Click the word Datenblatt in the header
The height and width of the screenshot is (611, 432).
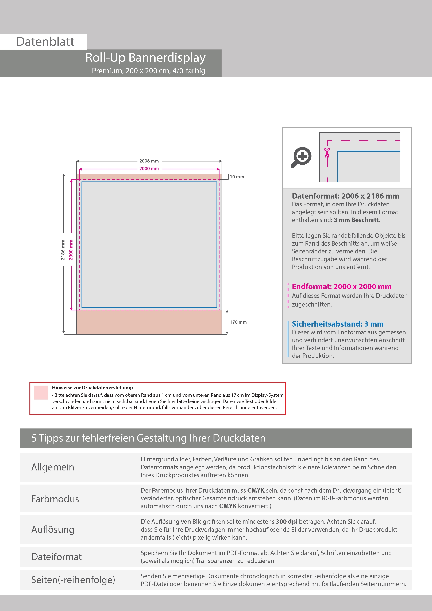click(x=45, y=42)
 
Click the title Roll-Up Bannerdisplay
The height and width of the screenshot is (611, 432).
click(x=145, y=57)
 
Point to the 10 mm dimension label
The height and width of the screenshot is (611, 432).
click(x=237, y=177)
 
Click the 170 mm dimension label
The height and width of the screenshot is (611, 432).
click(x=238, y=322)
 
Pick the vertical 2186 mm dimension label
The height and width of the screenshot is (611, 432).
click(x=63, y=250)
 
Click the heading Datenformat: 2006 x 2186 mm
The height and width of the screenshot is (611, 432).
click(x=345, y=196)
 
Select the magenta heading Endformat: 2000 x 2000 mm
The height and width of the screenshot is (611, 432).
click(x=341, y=287)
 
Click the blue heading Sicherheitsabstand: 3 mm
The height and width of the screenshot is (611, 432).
click(x=338, y=324)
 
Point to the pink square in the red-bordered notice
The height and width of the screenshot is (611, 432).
click(x=41, y=393)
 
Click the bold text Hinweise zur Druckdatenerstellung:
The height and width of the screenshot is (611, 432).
click(x=92, y=388)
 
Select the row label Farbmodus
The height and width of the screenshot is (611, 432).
click(x=55, y=499)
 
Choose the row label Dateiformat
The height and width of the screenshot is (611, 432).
click(x=56, y=557)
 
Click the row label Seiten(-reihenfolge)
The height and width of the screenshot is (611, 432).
click(x=73, y=580)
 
